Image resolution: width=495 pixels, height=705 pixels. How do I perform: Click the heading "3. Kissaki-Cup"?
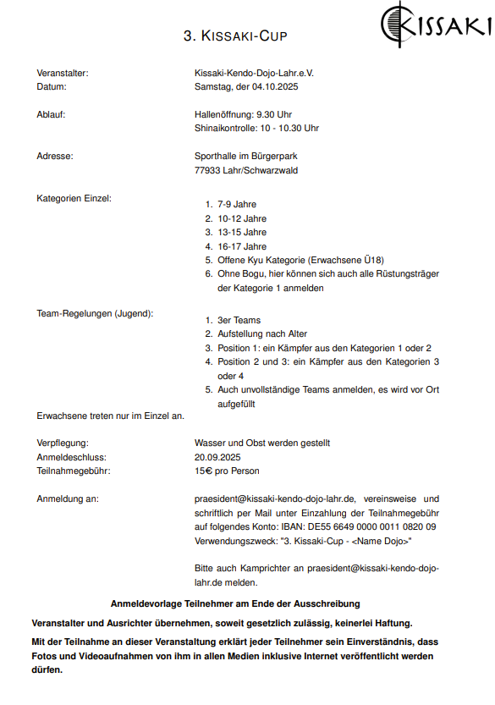pos(235,36)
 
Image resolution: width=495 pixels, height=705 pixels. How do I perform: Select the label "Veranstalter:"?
pos(63,74)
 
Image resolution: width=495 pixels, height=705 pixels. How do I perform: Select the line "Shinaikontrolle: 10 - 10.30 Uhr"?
pos(256,129)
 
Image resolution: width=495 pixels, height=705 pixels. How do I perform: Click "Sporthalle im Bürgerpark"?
pos(245,156)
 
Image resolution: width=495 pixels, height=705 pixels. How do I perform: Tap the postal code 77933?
pos(207,170)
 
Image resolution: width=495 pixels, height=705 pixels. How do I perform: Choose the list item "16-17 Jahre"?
pos(241,246)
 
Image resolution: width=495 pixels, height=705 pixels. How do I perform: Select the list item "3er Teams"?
pos(239,321)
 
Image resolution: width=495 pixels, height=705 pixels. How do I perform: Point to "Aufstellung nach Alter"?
pos(262,334)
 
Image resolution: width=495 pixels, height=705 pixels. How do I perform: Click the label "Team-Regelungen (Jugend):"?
pos(95,314)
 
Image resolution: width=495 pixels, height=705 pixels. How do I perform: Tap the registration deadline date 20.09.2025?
pos(217,457)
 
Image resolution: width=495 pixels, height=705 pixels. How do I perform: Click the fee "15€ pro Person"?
pos(227,471)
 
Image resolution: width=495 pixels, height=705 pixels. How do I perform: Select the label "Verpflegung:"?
pos(63,443)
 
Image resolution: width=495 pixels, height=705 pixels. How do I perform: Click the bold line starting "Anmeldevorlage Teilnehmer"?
pos(235,603)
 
